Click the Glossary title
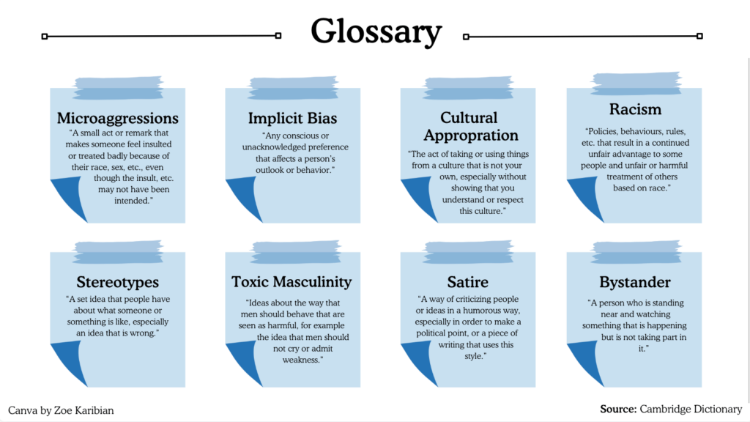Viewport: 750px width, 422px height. pyautogui.click(x=376, y=33)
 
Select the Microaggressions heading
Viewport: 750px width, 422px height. pyautogui.click(x=117, y=118)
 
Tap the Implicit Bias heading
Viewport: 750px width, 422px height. pyautogui.click(x=292, y=118)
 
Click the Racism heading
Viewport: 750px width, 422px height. pyautogui.click(x=635, y=110)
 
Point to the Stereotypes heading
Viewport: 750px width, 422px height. pyautogui.click(x=117, y=282)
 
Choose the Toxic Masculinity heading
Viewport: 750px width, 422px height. pyautogui.click(x=292, y=282)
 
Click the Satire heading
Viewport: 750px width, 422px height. pyautogui.click(x=467, y=282)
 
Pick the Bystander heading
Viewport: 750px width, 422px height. pyautogui.click(x=635, y=282)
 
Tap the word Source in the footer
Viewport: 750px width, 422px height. pyautogui.click(x=617, y=409)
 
